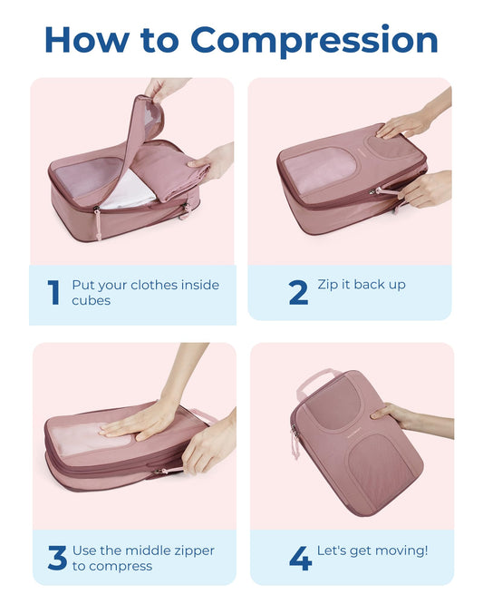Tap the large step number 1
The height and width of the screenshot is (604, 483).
(53, 292)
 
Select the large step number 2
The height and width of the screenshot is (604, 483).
(298, 292)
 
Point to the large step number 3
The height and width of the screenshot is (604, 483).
(57, 558)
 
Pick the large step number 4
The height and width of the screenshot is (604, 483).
(300, 558)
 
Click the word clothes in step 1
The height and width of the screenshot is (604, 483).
(157, 285)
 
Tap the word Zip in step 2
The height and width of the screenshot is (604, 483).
(327, 285)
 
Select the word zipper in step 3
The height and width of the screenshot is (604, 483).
(185, 550)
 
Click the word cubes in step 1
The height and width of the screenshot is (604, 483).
(91, 300)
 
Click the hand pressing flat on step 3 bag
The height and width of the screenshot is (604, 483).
(140, 420)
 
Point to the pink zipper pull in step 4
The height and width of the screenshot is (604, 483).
(295, 442)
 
